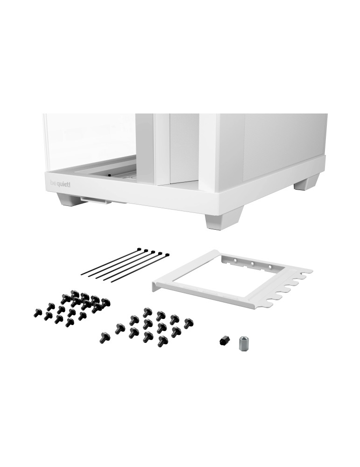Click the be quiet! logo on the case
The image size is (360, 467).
pyautogui.click(x=60, y=184)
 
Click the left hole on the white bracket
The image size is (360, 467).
pyautogui.click(x=235, y=260)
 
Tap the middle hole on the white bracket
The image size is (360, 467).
pyautogui.click(x=252, y=263)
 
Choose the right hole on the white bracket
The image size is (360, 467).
pyautogui.click(x=270, y=266)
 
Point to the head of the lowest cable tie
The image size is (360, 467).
pyautogui.click(x=167, y=255)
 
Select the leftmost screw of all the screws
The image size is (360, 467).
pyautogui.click(x=38, y=312)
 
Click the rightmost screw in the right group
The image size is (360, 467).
pyautogui.click(x=188, y=323)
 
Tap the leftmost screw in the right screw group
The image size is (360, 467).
pyautogui.click(x=106, y=337)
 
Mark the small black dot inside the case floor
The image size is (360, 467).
pyautogui.click(x=109, y=175)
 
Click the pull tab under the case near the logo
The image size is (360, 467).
pyautogui.click(x=95, y=200)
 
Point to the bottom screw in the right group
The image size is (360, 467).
pyautogui.click(x=162, y=341)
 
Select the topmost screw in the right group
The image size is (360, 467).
pyautogui.click(x=148, y=312)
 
